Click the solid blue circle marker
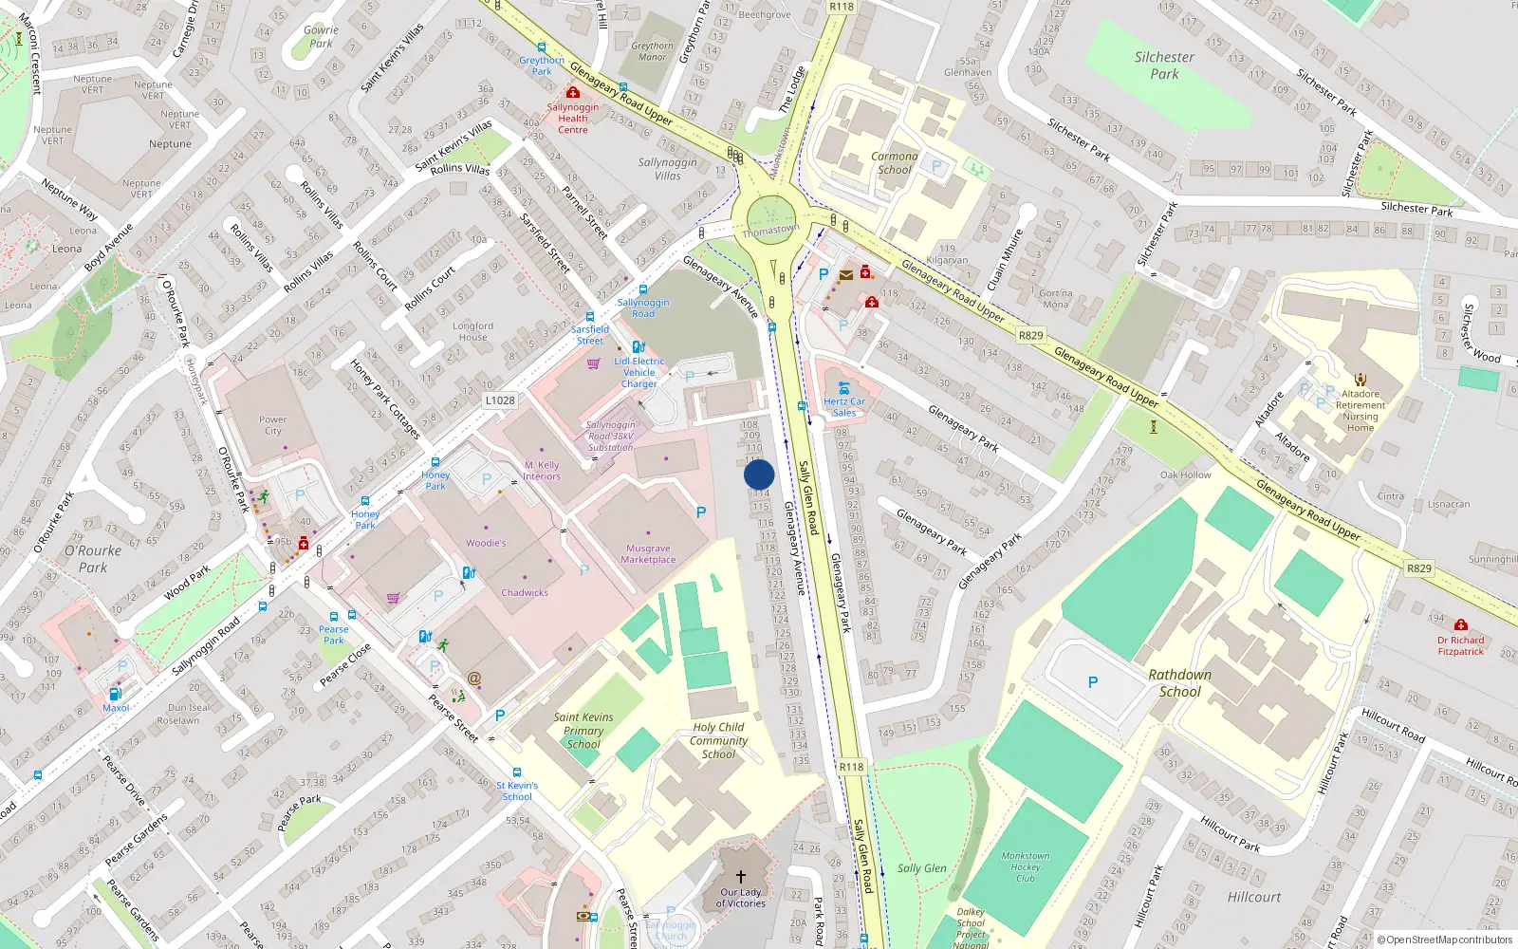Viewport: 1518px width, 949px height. click(759, 474)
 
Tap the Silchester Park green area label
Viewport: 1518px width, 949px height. click(1164, 65)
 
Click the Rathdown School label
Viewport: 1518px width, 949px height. click(1179, 683)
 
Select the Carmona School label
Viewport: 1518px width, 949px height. click(894, 163)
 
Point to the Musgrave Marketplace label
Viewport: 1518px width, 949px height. click(649, 554)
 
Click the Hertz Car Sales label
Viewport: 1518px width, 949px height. click(844, 407)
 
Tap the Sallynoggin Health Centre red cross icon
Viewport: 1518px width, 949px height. click(573, 92)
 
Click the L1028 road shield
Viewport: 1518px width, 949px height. click(500, 400)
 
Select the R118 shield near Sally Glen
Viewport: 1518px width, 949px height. click(851, 767)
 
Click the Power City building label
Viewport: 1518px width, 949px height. click(272, 425)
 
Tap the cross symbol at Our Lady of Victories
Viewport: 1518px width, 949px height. click(741, 877)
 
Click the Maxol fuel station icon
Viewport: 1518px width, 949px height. click(116, 695)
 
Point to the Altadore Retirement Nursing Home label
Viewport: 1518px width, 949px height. click(1361, 411)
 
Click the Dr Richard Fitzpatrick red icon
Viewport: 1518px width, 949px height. click(1461, 624)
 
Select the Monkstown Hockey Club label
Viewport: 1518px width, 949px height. click(1026, 866)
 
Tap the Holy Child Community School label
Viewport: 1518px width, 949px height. click(718, 740)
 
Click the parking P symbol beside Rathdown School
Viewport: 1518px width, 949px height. click(1093, 681)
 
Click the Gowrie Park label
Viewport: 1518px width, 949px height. click(321, 36)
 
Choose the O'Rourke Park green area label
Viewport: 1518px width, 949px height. click(93, 559)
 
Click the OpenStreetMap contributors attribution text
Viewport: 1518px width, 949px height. click(1444, 940)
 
